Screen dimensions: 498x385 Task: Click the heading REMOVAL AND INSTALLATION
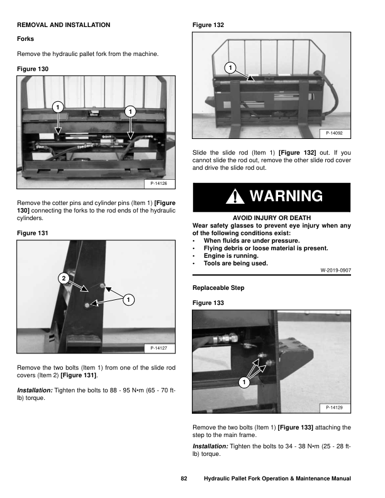point(63,25)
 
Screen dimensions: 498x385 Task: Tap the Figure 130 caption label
point(32,68)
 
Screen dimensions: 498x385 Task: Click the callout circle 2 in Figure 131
point(63,278)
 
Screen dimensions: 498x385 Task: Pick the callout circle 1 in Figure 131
point(127,300)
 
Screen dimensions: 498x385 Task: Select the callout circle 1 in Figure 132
point(231,67)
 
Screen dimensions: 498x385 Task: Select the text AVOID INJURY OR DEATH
point(271,218)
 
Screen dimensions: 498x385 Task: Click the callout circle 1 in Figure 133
point(243,383)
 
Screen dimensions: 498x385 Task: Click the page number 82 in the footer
point(184,479)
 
